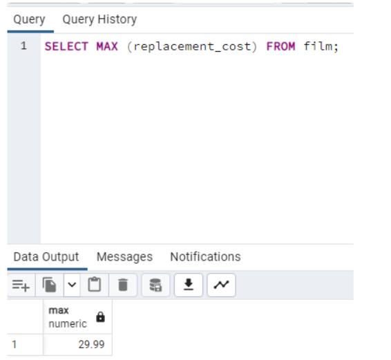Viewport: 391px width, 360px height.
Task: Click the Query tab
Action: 29,19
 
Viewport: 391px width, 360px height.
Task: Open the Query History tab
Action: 99,19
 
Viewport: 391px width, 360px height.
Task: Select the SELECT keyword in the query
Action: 66,46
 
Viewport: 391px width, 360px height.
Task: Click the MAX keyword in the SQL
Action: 107,46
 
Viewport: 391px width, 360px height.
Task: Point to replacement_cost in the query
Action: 192,47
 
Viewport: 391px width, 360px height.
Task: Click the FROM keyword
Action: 280,46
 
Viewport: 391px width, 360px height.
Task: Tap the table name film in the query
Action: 318,46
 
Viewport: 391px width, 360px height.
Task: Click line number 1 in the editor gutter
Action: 23,46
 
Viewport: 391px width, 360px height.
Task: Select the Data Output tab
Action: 46,257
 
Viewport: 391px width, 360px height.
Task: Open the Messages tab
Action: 124,257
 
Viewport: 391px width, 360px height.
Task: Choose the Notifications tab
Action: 205,257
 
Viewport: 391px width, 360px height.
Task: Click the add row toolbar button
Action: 21,285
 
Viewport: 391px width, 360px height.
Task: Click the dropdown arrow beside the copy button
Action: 72,285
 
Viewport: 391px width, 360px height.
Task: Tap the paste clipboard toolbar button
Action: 95,285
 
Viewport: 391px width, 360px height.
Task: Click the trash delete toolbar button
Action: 123,285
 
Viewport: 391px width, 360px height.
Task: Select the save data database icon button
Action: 155,285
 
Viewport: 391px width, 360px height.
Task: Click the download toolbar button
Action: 189,285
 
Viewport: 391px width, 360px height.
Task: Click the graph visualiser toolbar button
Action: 221,285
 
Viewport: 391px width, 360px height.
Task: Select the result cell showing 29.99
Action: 77,345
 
